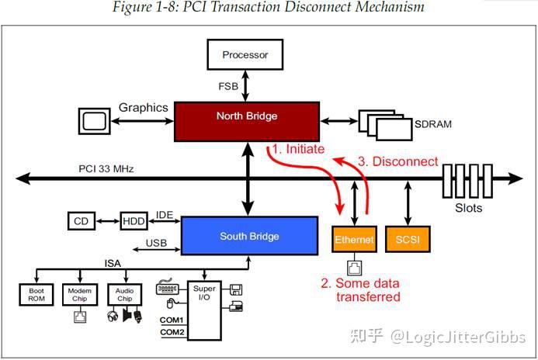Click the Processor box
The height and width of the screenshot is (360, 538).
click(245, 54)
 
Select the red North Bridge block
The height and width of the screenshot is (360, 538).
click(246, 116)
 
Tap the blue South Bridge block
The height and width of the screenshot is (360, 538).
click(248, 236)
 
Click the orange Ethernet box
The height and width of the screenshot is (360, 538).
click(353, 241)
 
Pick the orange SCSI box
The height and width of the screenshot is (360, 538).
click(407, 241)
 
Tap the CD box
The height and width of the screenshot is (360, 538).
click(79, 222)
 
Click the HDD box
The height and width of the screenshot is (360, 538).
click(134, 222)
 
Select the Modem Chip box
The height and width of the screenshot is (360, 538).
click(79, 293)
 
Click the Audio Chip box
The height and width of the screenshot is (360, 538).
click(124, 293)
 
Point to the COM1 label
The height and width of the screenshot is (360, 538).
click(172, 320)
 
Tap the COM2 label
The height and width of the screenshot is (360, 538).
click(172, 332)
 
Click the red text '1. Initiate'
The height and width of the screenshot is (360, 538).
click(298, 149)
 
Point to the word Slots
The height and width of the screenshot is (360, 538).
click(467, 208)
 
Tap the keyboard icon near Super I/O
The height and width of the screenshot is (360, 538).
click(167, 289)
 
